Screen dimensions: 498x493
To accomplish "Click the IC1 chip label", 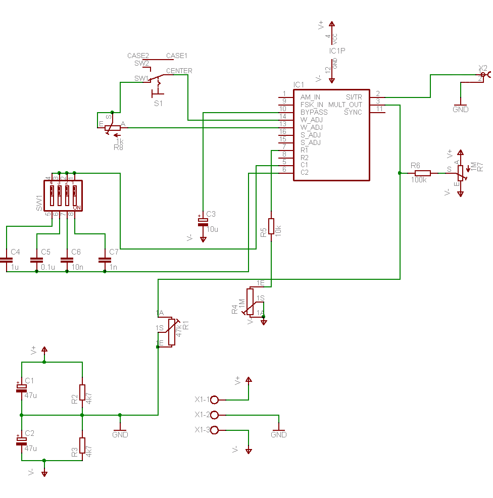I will tap(299, 84).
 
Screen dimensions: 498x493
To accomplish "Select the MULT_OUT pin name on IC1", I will tap(345, 105).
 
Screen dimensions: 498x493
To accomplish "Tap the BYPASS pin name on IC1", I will tap(314, 112).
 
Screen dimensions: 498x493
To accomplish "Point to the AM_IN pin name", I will tap(310, 97).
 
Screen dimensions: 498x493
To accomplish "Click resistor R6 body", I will tap(423, 173).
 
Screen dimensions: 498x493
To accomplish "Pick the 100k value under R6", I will tap(419, 180).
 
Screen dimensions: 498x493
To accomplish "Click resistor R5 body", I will tap(271, 226).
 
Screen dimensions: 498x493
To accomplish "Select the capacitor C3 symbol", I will tap(203, 221).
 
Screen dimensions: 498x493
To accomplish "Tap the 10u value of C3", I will tap(212, 229).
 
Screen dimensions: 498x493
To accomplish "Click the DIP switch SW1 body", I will tap(63, 195).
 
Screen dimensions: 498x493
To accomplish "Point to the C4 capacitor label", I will tap(15, 252).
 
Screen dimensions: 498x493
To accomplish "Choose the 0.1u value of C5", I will tap(47, 267).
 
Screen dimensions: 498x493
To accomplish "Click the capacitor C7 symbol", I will tap(105, 260).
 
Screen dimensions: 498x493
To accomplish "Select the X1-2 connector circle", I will tap(214, 415).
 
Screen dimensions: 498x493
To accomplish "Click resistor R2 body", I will tap(82, 392).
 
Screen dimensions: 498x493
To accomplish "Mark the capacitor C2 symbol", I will tap(21, 440).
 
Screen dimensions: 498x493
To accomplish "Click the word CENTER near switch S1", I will tap(179, 71).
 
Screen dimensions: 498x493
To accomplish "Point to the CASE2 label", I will tap(138, 56).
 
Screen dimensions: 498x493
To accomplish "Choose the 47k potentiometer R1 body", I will tap(172, 332).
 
